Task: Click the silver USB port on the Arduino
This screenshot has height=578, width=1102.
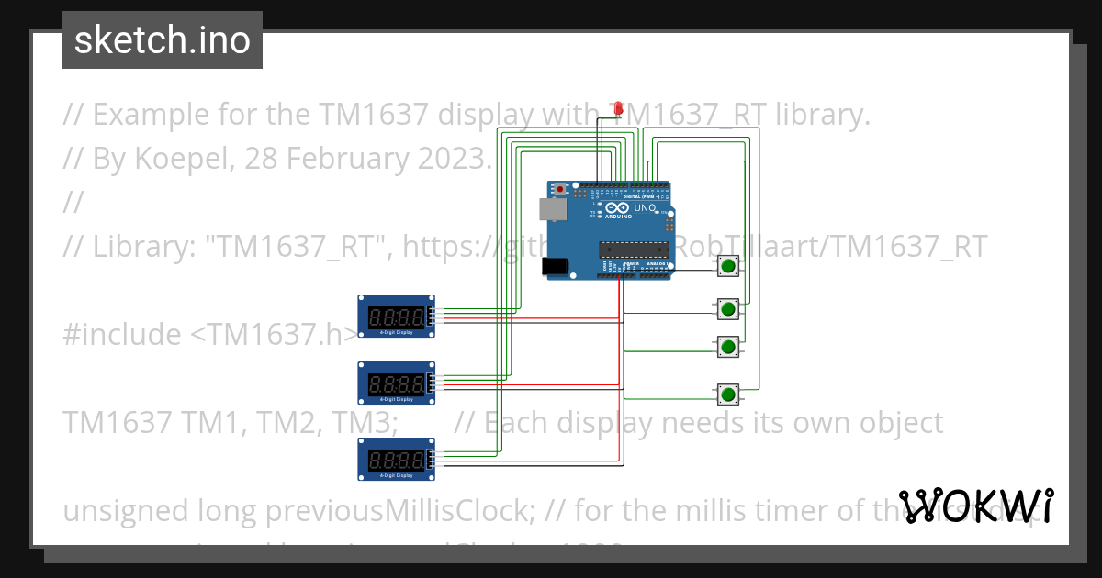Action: (552, 209)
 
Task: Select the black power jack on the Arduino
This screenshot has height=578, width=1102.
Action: (556, 266)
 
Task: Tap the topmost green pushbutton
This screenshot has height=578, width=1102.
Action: (728, 267)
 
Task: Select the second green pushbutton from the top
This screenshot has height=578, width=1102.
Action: (728, 308)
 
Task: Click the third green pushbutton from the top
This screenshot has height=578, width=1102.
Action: (728, 347)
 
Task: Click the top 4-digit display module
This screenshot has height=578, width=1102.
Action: (396, 317)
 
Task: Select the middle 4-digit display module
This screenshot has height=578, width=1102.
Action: (396, 383)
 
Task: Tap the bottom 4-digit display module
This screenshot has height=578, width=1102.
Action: (396, 459)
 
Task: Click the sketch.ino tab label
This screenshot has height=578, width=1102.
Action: (163, 40)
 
